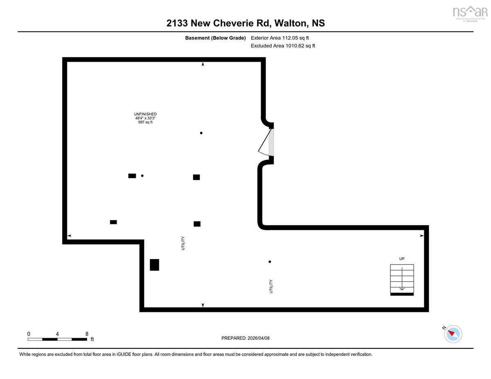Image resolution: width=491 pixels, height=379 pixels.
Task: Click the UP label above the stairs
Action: click(x=401, y=259)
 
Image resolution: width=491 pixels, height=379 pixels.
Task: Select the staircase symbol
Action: click(x=402, y=280)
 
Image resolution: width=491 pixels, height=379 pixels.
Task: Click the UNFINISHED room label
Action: click(x=145, y=114)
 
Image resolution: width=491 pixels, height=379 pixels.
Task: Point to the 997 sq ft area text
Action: click(x=145, y=122)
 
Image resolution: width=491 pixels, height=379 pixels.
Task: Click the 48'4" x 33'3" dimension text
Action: click(x=145, y=118)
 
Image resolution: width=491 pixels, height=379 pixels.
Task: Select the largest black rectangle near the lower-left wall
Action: click(x=154, y=265)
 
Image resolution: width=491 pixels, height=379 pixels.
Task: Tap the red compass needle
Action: click(x=451, y=333)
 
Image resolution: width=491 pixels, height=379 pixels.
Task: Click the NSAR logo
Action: click(x=470, y=13)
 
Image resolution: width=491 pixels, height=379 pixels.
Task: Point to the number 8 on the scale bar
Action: click(x=87, y=334)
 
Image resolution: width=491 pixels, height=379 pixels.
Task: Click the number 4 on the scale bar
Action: click(x=57, y=334)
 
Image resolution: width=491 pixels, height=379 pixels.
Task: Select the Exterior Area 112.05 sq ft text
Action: click(x=280, y=38)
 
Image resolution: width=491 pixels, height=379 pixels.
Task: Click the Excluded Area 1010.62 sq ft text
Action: click(x=283, y=46)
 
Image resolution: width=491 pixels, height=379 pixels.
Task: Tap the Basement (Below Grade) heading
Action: click(x=215, y=38)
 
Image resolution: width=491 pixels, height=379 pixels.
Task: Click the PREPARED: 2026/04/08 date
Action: click(x=245, y=338)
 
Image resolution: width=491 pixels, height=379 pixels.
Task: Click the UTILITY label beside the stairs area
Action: click(x=271, y=287)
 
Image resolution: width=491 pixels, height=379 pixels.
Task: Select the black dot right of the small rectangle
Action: click(x=142, y=176)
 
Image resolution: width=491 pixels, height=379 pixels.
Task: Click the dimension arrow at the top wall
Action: click(x=203, y=64)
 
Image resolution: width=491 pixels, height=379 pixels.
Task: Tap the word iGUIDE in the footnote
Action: click(x=124, y=354)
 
